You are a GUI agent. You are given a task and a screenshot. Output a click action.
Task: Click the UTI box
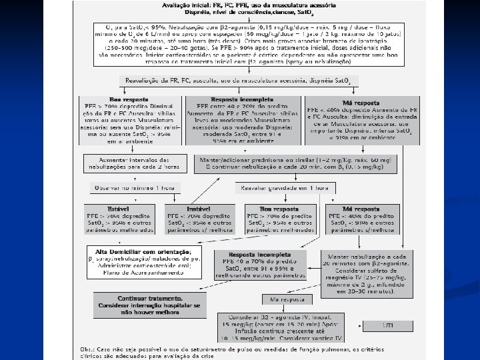[387, 325]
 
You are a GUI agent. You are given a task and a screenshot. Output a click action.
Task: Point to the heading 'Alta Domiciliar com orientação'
[137, 251]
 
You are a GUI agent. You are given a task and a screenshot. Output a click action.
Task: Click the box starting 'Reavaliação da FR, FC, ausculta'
[239, 80]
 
